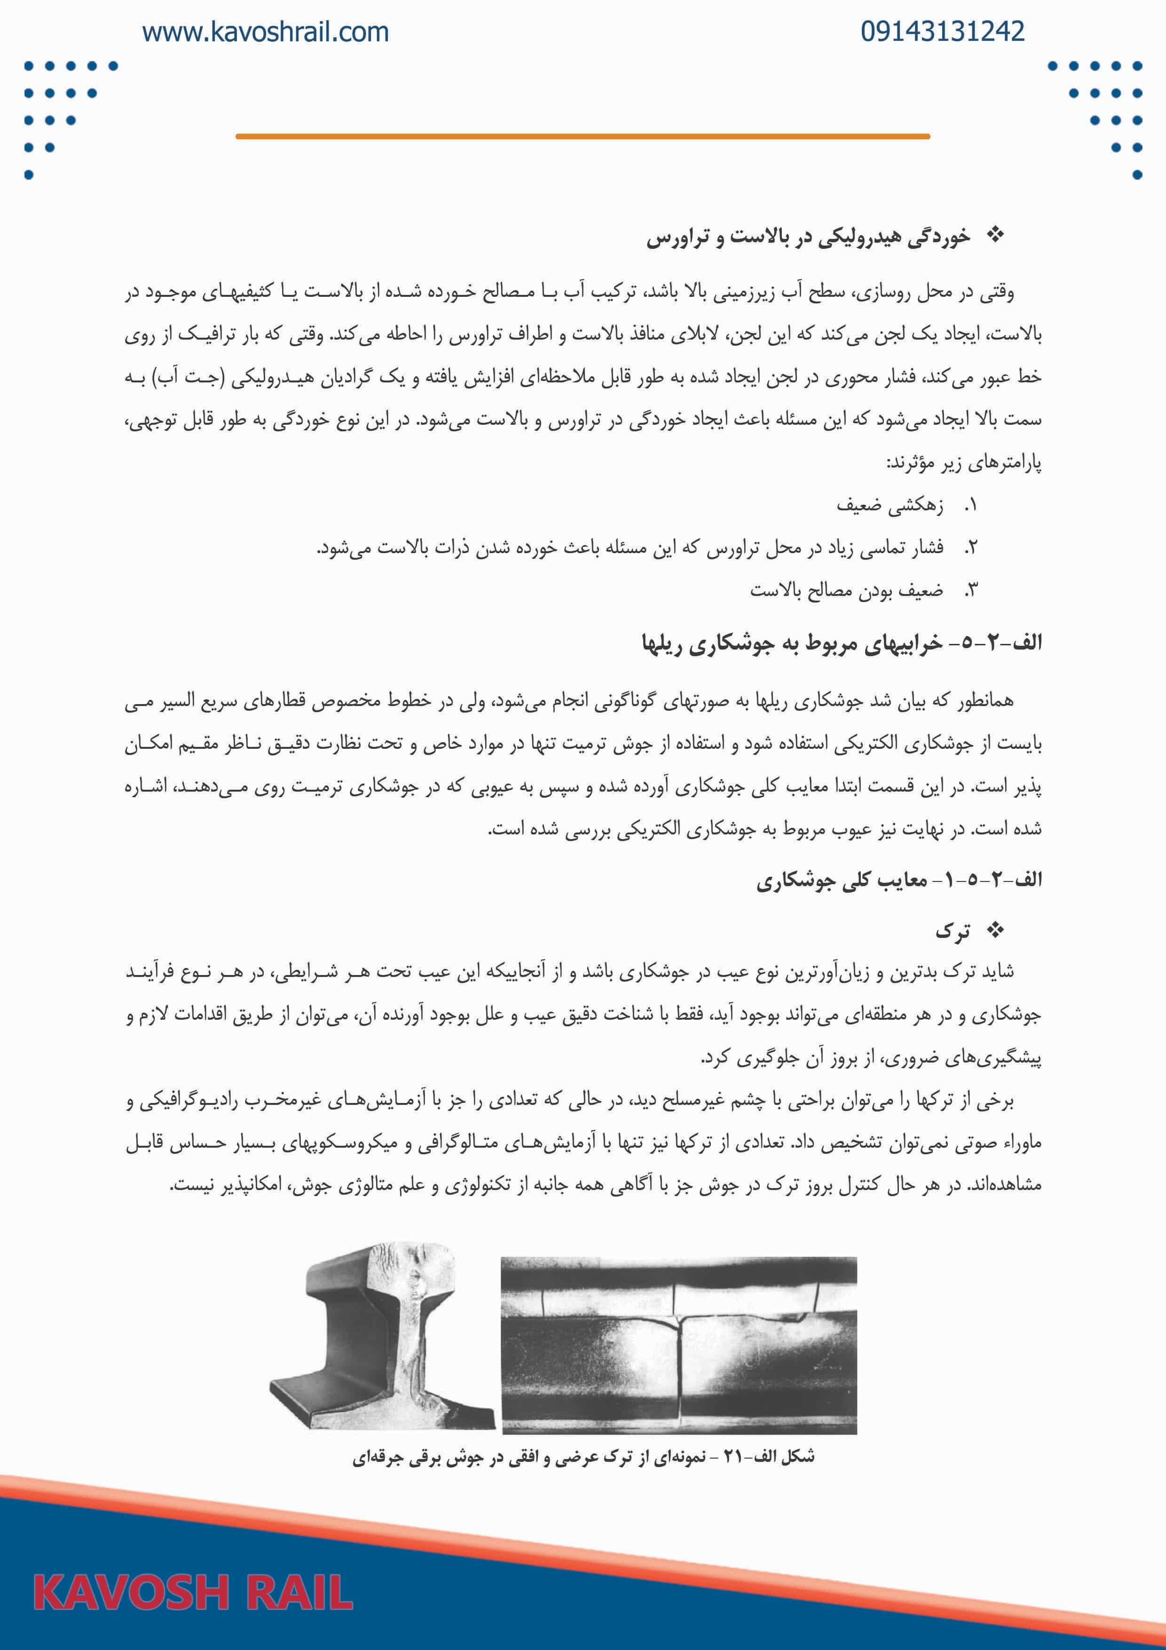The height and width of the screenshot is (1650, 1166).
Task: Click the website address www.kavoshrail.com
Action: [265, 32]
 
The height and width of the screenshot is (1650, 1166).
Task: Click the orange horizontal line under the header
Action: [583, 136]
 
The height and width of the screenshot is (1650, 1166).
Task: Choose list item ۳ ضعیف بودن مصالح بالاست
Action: [846, 590]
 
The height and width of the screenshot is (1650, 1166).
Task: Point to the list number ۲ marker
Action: [970, 547]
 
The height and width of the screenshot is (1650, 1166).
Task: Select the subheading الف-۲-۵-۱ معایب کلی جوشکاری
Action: [898, 881]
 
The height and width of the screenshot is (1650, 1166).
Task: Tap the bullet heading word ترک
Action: [952, 932]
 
